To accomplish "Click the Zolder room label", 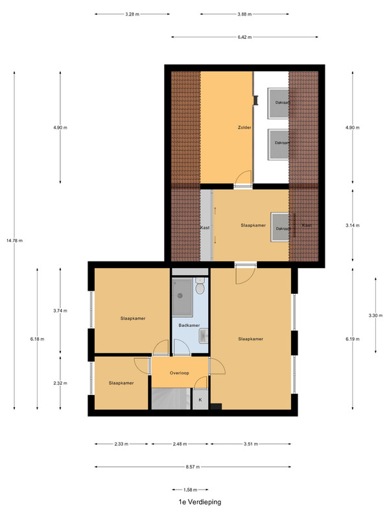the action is point(244,128).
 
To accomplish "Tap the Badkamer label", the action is point(189,326).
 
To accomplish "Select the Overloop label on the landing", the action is point(180,373).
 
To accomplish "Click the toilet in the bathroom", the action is point(200,286).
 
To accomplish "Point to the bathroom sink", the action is point(204,336).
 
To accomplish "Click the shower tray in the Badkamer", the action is point(182,297).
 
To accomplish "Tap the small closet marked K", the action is point(200,400).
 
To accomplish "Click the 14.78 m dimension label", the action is point(14,240).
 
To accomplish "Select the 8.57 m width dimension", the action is point(193,467).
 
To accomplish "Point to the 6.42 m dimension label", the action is point(244,38).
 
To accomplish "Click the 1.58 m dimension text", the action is point(190,490).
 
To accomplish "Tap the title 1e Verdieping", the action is point(200,502).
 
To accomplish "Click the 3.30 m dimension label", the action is point(375,315).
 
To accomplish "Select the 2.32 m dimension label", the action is point(60,383).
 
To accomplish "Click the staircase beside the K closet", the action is point(171,399).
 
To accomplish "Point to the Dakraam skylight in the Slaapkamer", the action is point(280,228).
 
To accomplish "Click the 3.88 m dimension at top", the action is point(244,14).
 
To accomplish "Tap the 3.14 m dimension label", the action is point(352,225).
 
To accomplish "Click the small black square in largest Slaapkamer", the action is point(216,407).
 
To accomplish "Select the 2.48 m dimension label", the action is point(180,444).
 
